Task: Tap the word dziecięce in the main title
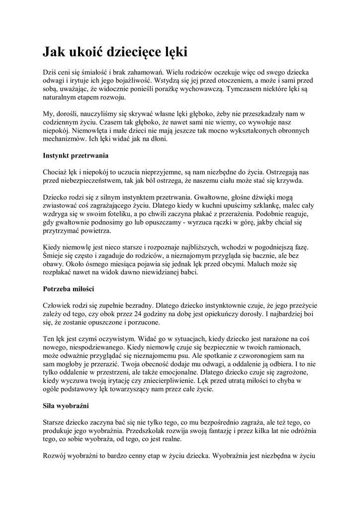pos(137,52)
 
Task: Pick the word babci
pos(188,272)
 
